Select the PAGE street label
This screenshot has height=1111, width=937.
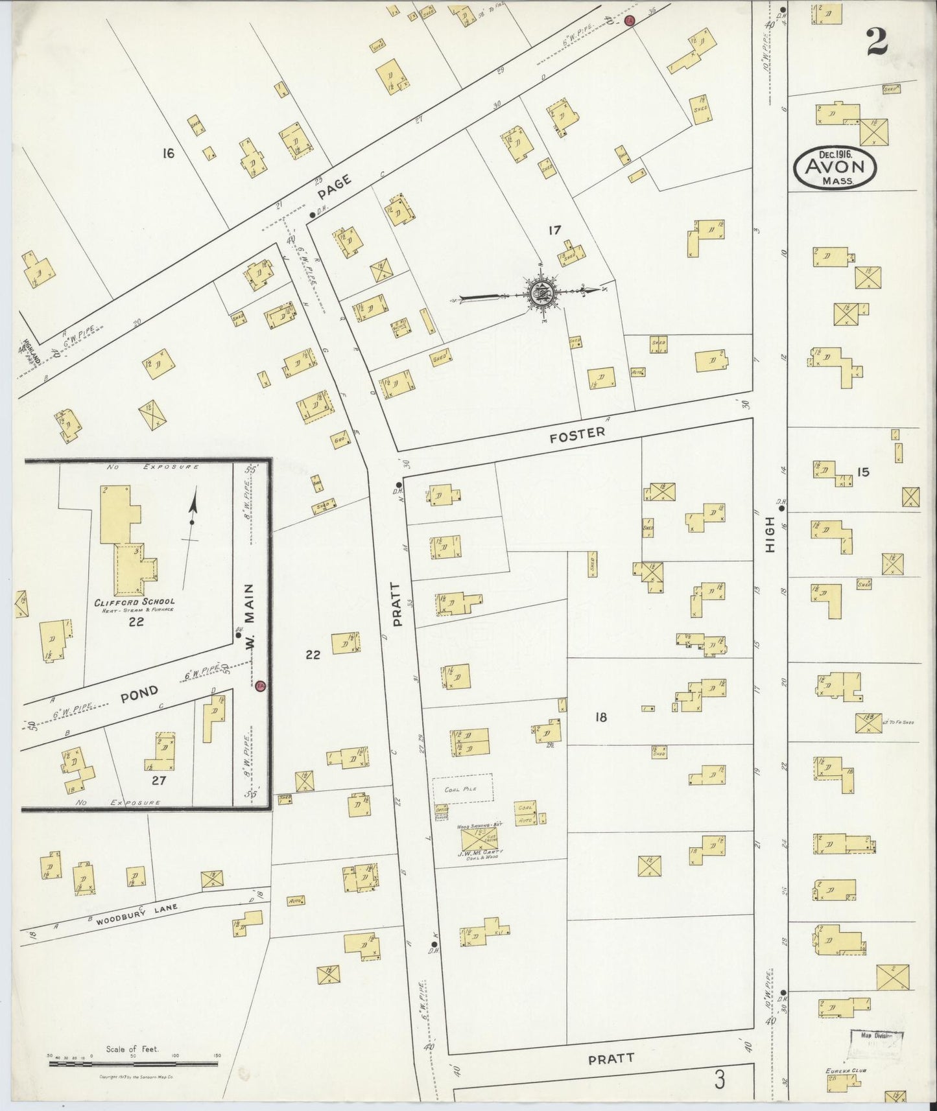coord(335,189)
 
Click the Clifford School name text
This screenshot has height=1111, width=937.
coord(134,602)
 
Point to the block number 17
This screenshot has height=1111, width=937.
coord(554,229)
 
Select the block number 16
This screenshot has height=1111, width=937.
coord(169,154)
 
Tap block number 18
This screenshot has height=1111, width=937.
coord(600,717)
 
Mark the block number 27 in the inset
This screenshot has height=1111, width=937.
coord(158,780)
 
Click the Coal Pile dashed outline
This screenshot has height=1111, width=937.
coord(462,788)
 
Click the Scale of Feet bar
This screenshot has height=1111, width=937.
coord(133,1062)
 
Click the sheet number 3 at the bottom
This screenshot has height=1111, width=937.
coord(719,1081)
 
